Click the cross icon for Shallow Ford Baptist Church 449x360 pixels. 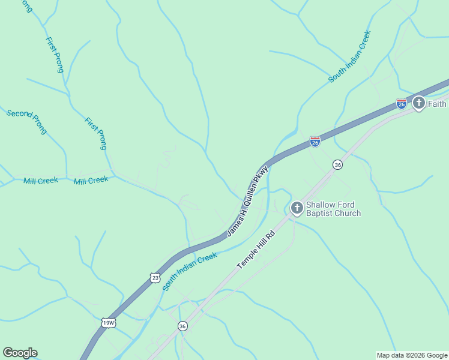tap(297, 208)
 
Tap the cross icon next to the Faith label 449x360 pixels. tap(418, 103)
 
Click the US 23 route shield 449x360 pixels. tap(155, 277)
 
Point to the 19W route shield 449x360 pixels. tap(109, 322)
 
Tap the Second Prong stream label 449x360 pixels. tap(27, 122)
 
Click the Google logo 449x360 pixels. tap(20, 353)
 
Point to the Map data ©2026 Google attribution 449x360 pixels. tap(412, 355)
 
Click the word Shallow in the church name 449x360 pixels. tap(321, 205)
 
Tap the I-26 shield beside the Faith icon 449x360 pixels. tap(402, 104)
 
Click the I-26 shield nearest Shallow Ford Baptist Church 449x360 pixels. tap(315, 142)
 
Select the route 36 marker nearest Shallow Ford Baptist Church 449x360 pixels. tap(338, 164)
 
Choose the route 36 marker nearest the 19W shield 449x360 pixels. tap(182, 326)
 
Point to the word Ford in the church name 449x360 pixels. tap(346, 205)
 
